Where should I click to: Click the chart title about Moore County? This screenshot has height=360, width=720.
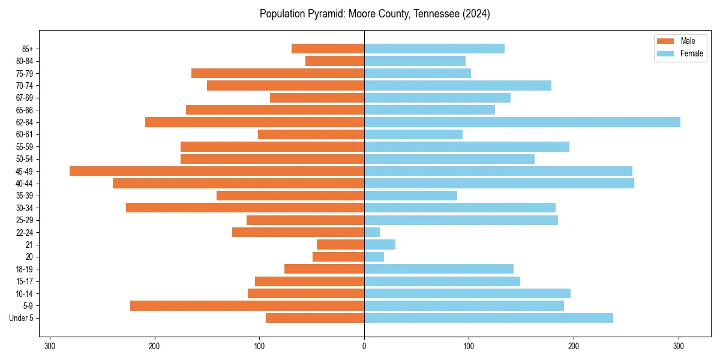point(374,14)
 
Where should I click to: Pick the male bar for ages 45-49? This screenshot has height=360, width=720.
point(217,171)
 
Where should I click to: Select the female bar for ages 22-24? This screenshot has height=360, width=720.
point(372,232)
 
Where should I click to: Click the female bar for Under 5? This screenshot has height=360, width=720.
point(488,318)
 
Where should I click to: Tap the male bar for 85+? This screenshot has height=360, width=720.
point(328,49)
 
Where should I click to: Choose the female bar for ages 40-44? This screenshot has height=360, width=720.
point(499,184)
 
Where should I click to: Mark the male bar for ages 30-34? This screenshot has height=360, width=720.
point(245,208)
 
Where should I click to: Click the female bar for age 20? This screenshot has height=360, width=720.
point(374,257)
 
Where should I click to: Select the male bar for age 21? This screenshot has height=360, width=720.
point(340,245)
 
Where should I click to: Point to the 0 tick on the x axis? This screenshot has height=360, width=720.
point(364,346)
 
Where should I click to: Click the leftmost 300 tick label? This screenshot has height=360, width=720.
point(50,346)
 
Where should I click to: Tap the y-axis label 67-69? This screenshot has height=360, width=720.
point(24,98)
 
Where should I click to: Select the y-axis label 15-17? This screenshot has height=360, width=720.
point(24,281)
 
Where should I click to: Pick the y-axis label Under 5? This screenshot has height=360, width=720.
point(21,318)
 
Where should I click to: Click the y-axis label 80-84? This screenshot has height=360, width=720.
point(24,61)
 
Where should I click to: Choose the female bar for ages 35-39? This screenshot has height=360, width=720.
point(410,196)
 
